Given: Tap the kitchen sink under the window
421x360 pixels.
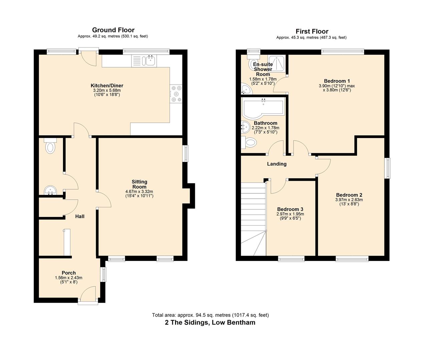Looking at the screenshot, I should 149,61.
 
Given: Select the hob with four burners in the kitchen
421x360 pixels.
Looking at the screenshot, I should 176,94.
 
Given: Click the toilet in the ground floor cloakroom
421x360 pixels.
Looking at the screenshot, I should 50,146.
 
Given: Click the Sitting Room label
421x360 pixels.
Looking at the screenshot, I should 139,184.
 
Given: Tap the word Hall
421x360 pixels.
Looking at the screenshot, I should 80,216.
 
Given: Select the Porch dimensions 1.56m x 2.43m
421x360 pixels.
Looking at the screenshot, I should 68,278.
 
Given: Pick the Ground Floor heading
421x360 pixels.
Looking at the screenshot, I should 113,30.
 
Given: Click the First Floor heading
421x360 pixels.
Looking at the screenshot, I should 312,31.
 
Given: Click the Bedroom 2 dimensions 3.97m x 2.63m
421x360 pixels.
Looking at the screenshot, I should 349,200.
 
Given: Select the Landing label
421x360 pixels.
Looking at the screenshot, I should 277,164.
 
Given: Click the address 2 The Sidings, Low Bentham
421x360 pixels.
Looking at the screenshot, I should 210,322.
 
